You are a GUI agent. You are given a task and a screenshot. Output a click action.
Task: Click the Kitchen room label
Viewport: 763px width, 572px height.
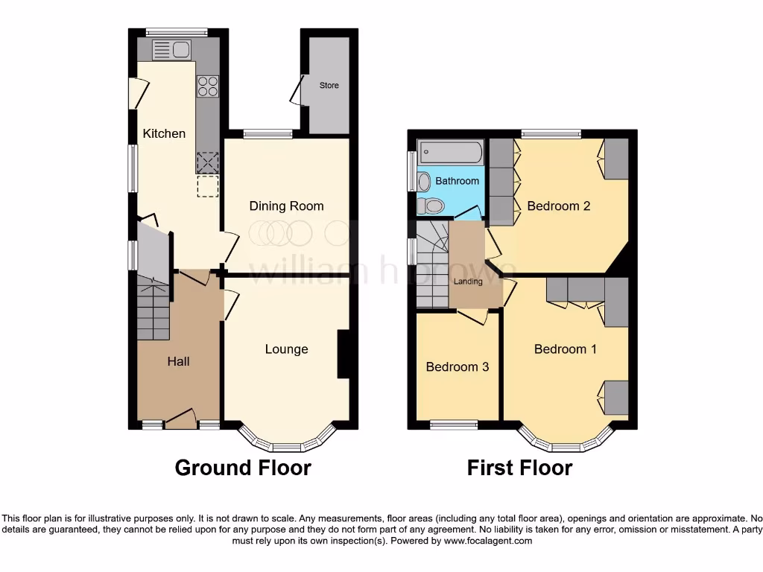point(164,133)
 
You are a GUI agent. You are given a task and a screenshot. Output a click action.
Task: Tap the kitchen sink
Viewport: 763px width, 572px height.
point(172,51)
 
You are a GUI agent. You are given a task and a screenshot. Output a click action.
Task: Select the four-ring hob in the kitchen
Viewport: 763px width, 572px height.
point(208,86)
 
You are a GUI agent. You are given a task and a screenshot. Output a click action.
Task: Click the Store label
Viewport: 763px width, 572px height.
point(329,86)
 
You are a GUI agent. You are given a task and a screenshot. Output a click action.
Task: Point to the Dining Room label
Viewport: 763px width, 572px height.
point(286,206)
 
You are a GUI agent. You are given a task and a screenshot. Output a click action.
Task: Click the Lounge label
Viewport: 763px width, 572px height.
point(286,349)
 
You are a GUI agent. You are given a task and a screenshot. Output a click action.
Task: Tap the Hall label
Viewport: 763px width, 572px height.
point(178,361)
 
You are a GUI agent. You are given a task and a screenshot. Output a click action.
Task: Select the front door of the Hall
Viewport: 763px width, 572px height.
point(180,421)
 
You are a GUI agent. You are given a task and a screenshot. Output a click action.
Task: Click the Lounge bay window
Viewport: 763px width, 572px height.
point(286,445)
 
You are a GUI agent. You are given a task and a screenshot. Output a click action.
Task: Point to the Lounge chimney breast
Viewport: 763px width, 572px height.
point(343,355)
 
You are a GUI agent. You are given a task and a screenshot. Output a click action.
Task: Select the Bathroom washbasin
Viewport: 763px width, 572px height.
point(424,181)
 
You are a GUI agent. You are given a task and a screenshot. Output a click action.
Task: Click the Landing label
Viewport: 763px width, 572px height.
point(469,282)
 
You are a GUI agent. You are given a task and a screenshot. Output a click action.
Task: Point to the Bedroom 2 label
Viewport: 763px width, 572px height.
point(558,206)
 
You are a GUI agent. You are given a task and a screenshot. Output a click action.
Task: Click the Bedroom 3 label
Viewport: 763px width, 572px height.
point(458,366)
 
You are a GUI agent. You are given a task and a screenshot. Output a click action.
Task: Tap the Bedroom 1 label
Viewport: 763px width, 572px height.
point(565,349)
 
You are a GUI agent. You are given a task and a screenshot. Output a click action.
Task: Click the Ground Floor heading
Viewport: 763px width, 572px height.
point(242,468)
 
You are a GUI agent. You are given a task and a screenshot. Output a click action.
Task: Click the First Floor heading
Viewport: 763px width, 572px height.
point(519,468)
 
